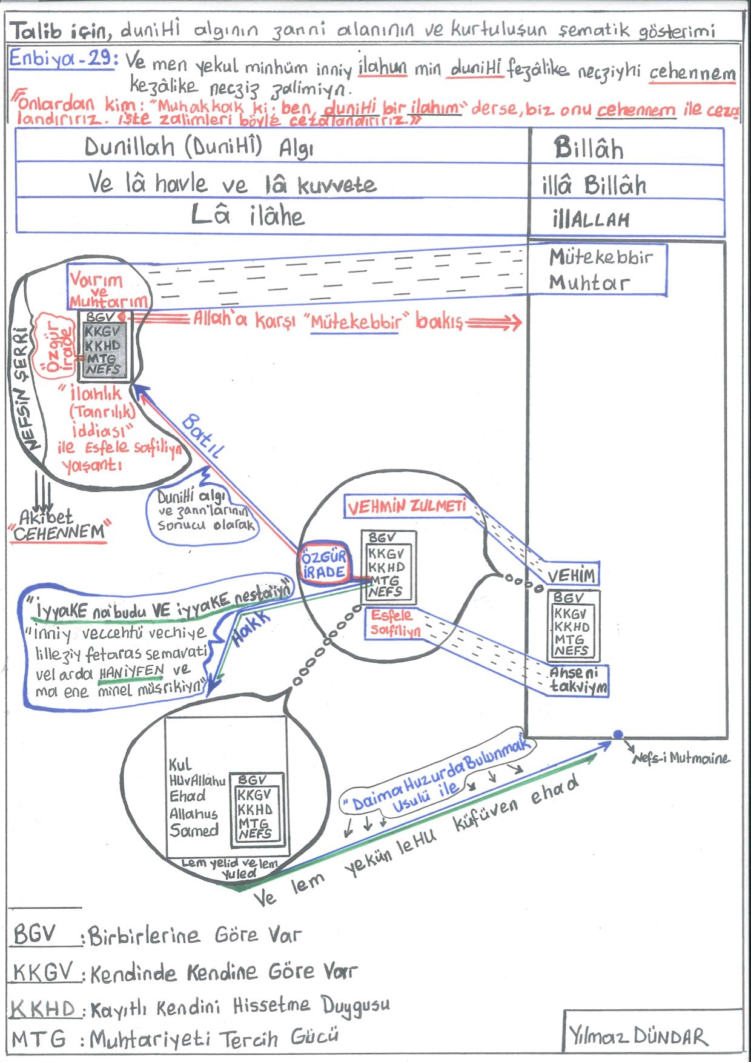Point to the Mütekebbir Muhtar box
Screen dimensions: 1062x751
coord(598,270)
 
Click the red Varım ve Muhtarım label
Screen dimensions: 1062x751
coord(107,290)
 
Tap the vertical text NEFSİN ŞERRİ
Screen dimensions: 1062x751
coord(25,388)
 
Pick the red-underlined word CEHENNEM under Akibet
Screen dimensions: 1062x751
coord(59,533)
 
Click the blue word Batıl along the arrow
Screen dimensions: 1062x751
coord(202,435)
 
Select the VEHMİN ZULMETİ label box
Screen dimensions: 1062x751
coord(406,506)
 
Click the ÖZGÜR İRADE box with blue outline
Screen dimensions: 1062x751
coord(324,565)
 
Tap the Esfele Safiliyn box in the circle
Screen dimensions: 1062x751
coord(395,623)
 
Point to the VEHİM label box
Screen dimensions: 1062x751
coord(572,575)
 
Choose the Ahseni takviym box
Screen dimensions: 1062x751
coord(578,680)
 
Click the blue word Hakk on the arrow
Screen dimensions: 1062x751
coord(251,630)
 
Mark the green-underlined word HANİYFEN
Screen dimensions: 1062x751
coord(131,672)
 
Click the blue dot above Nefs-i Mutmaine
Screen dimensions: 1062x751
coord(618,734)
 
